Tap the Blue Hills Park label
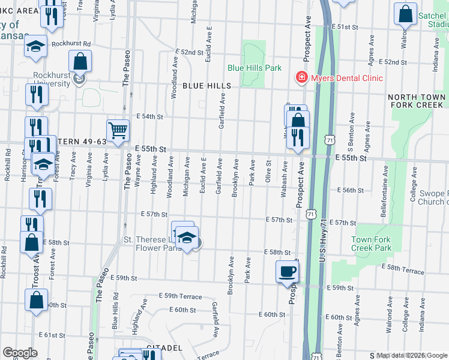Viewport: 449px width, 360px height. pyautogui.click(x=255, y=68)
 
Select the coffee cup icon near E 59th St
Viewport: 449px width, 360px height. pyautogui.click(x=286, y=271)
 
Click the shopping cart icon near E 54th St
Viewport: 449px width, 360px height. pyautogui.click(x=118, y=130)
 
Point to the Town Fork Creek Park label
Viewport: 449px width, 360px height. pyautogui.click(x=371, y=244)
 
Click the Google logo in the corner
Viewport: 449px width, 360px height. pyautogui.click(x=20, y=353)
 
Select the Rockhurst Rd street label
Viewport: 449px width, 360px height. pyautogui.click(x=71, y=44)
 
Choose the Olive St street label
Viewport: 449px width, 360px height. pyautogui.click(x=268, y=167)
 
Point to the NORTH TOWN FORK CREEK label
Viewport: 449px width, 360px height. pyautogui.click(x=417, y=101)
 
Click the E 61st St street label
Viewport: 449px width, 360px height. pyautogui.click(x=51, y=335)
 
